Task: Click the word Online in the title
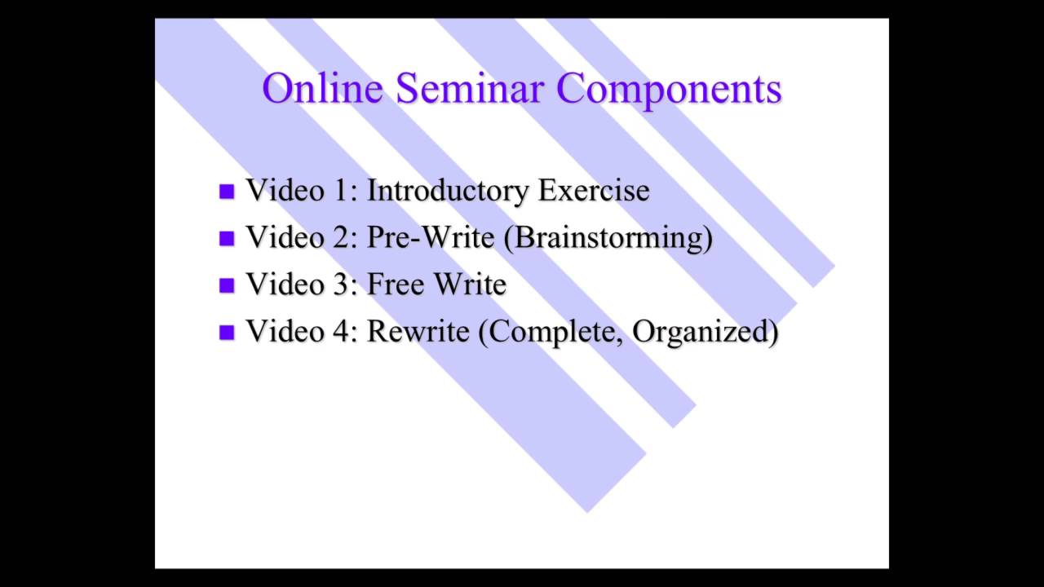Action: (322, 89)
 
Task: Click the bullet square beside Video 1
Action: (227, 192)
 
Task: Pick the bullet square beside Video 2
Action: (227, 239)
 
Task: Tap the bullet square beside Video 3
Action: (227, 285)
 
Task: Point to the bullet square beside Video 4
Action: (227, 333)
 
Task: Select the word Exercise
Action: (593, 191)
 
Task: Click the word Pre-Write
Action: (430, 237)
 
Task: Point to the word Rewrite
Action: (418, 332)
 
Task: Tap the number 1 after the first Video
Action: (341, 191)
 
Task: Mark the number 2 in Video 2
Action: (341, 238)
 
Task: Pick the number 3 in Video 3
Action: (341, 285)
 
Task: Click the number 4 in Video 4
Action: (341, 332)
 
